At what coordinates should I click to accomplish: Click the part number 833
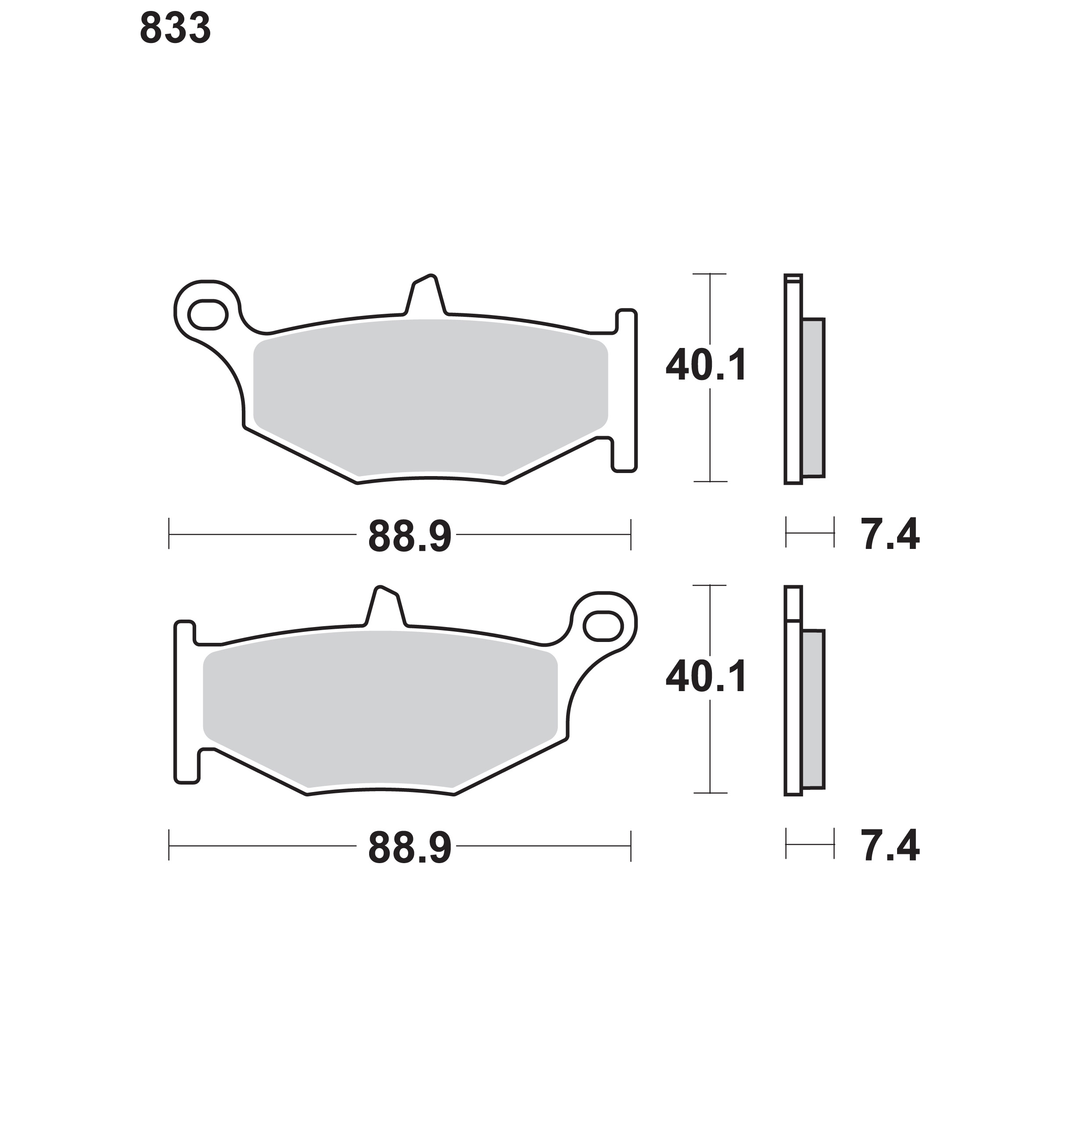(175, 29)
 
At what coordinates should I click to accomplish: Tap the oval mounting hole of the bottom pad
(603, 626)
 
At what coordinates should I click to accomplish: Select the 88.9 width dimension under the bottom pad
(409, 848)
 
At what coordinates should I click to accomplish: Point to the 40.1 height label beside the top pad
(707, 366)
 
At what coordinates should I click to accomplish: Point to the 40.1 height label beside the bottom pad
(707, 677)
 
